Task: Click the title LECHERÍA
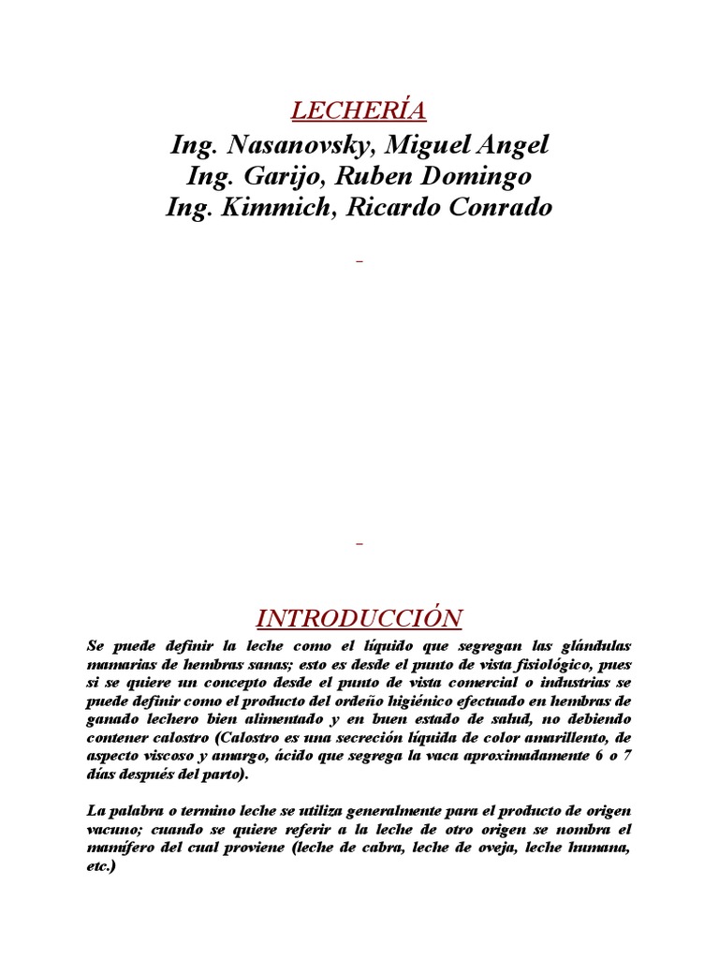click(x=359, y=111)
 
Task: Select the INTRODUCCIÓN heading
click(x=359, y=618)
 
